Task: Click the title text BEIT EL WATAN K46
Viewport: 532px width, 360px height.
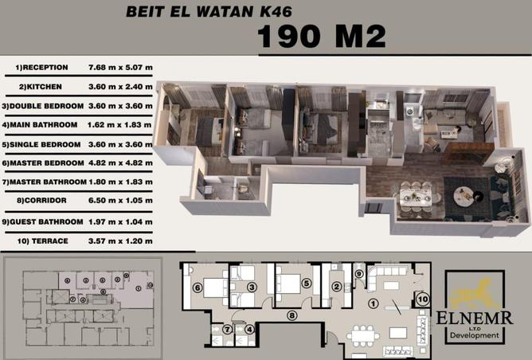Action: (209, 11)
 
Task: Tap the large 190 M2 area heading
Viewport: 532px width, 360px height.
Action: (322, 36)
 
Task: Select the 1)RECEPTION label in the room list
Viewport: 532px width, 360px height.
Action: (41, 67)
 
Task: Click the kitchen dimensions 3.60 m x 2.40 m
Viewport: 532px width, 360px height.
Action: (120, 87)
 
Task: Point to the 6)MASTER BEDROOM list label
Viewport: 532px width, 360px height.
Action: (43, 162)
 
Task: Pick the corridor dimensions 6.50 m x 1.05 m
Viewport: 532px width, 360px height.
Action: (120, 200)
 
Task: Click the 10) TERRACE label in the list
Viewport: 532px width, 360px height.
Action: (43, 241)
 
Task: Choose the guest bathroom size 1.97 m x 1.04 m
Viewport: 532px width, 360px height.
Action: (120, 222)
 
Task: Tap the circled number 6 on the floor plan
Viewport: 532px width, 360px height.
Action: (198, 288)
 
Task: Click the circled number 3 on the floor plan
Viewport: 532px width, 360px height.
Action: (252, 288)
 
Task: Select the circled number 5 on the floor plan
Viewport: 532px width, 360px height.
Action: (307, 283)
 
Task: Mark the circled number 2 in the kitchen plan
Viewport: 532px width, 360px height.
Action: (337, 287)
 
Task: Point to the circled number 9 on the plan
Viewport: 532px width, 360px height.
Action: (359, 274)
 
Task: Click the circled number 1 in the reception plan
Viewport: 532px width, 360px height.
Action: (374, 303)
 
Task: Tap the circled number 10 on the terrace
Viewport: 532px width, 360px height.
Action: (423, 299)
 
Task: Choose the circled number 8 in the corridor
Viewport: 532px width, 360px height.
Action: (291, 315)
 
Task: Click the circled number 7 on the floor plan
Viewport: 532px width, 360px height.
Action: (227, 329)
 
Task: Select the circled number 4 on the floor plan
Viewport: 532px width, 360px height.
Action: (249, 329)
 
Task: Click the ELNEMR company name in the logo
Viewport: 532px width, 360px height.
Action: (475, 319)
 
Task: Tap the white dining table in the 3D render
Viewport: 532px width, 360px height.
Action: (416, 198)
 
